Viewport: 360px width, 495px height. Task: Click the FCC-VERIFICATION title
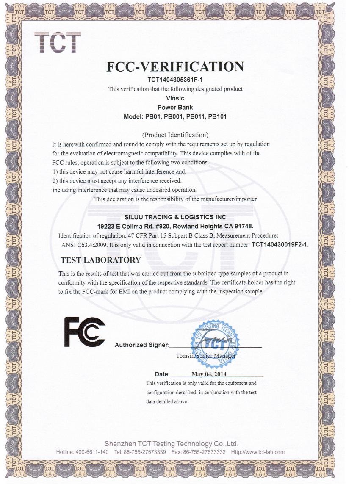175,66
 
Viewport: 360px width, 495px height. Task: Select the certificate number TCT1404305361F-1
175,80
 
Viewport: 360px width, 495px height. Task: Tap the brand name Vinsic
175,98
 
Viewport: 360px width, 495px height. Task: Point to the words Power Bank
175,107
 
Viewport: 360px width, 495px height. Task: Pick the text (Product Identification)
175,135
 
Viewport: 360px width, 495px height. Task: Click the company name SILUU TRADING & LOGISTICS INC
175,217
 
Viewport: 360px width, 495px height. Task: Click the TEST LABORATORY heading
100,260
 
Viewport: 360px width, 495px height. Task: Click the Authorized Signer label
141,345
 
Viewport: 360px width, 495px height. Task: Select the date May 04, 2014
206,374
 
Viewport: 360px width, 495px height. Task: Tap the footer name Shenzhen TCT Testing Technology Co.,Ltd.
171,444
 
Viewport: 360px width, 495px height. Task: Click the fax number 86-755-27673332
205,452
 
